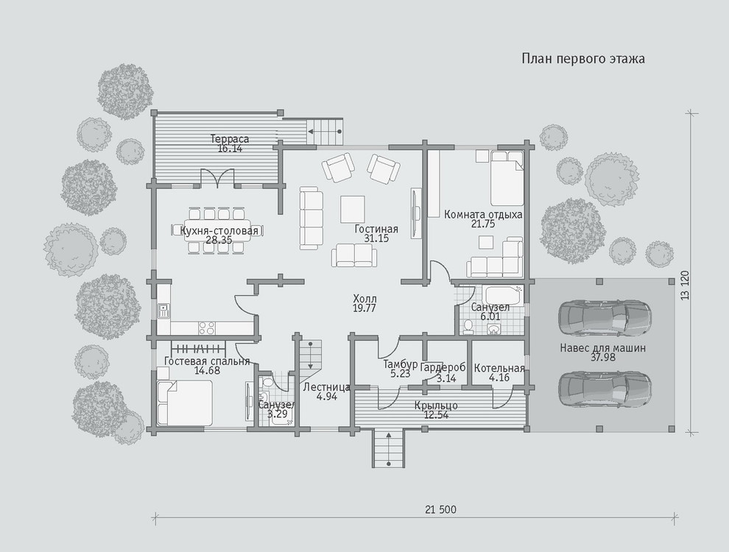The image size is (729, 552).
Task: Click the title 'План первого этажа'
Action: coord(583,59)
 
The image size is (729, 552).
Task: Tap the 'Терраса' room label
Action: coord(230,139)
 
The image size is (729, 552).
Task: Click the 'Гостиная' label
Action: coord(376,229)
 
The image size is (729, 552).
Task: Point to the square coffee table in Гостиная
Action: coord(353,209)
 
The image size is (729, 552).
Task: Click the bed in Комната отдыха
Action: coord(507,178)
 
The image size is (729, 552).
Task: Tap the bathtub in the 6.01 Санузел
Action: coord(503,294)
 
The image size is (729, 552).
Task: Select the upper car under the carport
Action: coord(605,317)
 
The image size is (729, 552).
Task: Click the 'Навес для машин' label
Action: coord(602,348)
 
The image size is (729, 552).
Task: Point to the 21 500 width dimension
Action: coord(440,510)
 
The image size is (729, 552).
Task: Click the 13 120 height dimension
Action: coord(685,286)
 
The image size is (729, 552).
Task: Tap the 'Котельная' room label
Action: coord(499,369)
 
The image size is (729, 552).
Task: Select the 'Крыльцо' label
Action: coord(436,406)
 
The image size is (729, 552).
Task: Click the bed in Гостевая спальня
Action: coord(185,403)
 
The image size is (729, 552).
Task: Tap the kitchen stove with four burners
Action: coord(208,328)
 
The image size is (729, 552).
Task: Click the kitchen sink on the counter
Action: coord(163,311)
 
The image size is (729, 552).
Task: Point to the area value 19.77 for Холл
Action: coord(364,308)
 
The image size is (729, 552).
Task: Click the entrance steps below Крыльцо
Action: coord(388,448)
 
